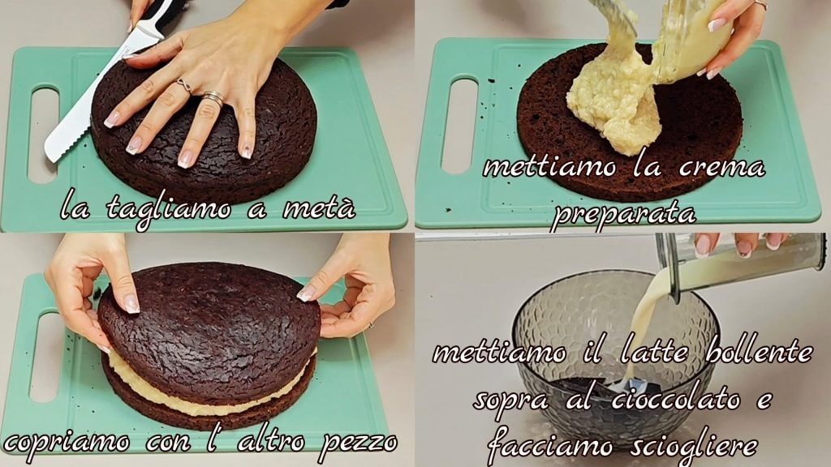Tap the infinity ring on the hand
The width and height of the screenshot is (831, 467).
(x=184, y=84)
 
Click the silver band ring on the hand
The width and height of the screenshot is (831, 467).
(x=213, y=97)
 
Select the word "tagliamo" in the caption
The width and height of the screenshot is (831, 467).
(x=169, y=208)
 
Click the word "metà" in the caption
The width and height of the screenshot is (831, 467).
(x=318, y=207)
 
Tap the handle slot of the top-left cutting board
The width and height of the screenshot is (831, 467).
(x=44, y=135)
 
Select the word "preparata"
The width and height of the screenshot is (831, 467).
(x=622, y=214)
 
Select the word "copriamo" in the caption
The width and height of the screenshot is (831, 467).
(x=67, y=442)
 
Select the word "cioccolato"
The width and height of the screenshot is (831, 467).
(x=676, y=399)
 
